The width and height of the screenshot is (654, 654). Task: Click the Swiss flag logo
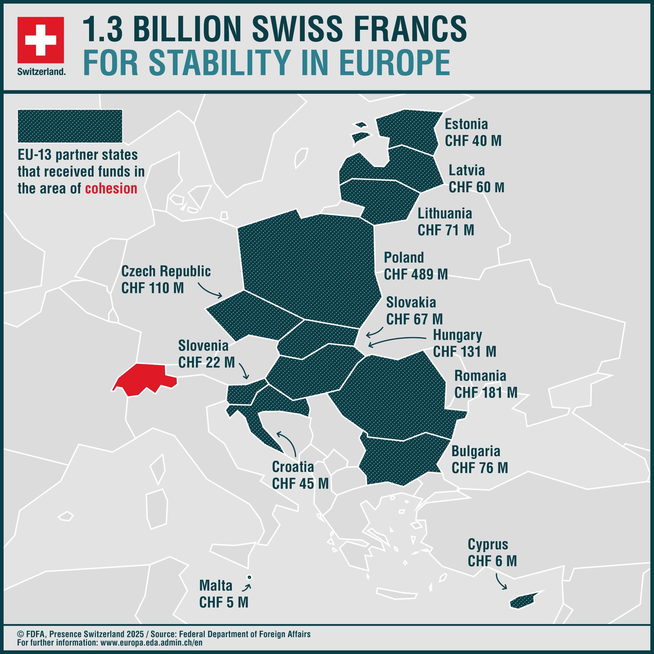41,40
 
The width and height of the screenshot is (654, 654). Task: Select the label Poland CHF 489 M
415,266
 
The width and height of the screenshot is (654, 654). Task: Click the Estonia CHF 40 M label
473,132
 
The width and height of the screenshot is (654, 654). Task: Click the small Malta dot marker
249,577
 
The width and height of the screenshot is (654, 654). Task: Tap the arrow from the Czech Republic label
210,291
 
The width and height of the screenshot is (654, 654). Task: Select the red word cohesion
111,189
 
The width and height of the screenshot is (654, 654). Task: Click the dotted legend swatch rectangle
70,126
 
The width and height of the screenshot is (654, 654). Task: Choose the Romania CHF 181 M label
485,384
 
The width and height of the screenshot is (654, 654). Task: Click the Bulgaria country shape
400,460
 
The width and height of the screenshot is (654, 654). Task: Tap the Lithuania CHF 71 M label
445,222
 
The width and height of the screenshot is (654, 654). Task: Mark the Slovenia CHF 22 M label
206,354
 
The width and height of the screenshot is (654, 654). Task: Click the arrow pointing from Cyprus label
500,581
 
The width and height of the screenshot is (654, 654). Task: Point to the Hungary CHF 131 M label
464,343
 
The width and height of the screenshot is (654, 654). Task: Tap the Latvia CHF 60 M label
476,179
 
